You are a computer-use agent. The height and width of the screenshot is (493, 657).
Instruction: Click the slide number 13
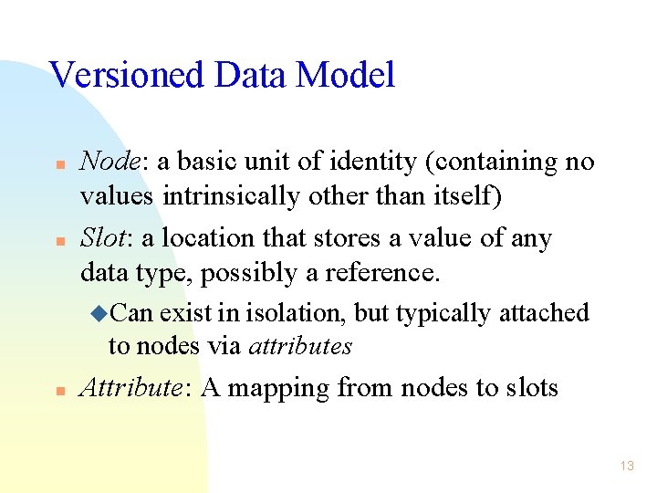[626, 467]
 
